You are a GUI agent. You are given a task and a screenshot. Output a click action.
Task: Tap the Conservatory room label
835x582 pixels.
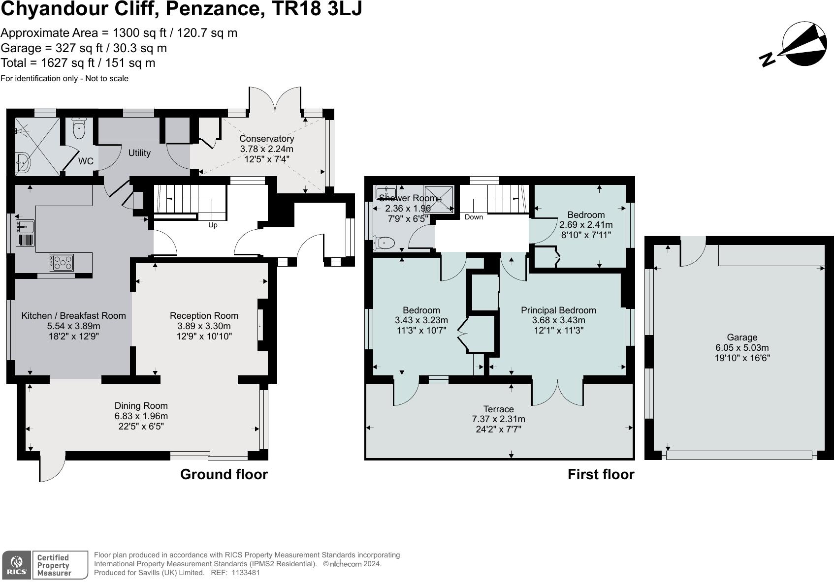click(266, 139)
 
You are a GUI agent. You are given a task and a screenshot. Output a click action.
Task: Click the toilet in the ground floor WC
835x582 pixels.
click(79, 129)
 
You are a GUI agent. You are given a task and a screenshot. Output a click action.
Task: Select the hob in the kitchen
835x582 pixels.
click(62, 262)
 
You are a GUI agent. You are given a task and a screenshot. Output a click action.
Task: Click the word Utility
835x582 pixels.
click(139, 153)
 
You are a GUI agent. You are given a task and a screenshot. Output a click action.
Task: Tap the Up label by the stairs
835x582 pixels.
click(213, 225)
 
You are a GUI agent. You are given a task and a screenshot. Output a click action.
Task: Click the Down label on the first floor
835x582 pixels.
click(474, 217)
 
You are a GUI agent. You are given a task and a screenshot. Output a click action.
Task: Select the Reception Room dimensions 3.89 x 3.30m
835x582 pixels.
click(204, 326)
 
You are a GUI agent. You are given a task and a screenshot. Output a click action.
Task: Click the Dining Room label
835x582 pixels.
click(141, 406)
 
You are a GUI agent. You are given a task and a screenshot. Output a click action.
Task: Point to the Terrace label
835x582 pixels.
click(498, 409)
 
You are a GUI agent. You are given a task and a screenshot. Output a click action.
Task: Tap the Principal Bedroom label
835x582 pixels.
click(558, 310)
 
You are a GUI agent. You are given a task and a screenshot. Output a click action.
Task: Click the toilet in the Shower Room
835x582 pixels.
click(385, 243)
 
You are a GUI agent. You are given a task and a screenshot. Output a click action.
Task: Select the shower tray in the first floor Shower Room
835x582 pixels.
click(438, 199)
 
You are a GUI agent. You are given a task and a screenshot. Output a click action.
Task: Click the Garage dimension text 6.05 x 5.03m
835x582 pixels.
click(742, 348)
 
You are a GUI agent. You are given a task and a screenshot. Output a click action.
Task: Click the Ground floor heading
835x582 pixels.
click(224, 474)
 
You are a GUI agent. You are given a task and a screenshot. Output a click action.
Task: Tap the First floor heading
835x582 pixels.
click(601, 474)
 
